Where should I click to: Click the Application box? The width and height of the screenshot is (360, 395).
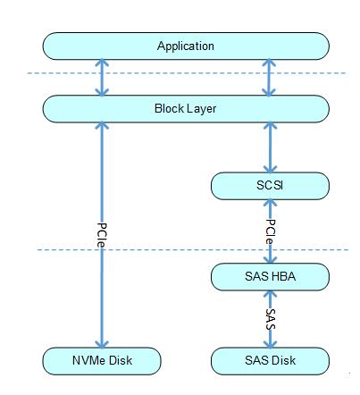click(185, 46)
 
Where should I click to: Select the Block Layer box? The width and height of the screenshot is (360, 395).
click(185, 109)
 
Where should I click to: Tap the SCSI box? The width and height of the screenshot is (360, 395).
click(267, 186)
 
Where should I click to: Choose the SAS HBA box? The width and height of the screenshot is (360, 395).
click(267, 277)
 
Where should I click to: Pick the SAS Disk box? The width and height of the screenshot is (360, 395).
click(267, 360)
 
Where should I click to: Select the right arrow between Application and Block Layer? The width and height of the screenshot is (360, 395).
click(268, 77)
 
